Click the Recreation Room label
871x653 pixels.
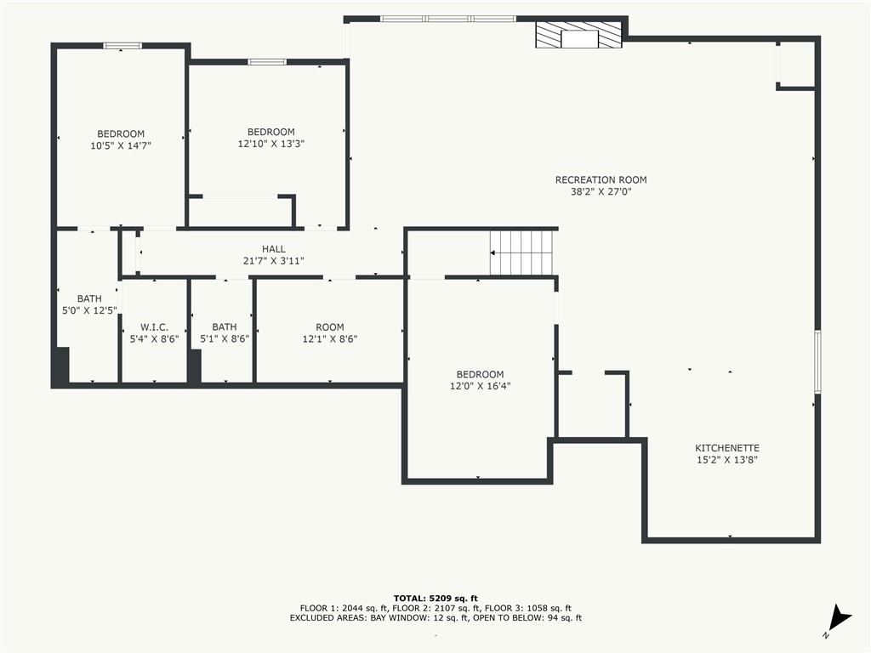[x=601, y=180]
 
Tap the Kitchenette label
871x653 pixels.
[x=727, y=448]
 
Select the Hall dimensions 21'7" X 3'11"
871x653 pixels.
[x=273, y=261]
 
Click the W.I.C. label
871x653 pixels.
[x=154, y=327]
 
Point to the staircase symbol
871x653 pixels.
[x=521, y=253]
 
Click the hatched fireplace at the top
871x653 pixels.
[x=578, y=35]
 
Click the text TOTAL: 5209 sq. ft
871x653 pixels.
[x=435, y=599]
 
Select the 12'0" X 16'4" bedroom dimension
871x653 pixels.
[x=480, y=386]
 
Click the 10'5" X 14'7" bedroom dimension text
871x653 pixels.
[x=121, y=145]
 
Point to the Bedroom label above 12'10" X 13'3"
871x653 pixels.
[x=271, y=132]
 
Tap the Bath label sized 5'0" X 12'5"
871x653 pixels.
[x=89, y=298]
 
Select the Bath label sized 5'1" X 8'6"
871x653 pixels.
[x=225, y=327]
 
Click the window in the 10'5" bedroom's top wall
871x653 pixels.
[x=122, y=46]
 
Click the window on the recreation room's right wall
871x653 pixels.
[x=817, y=362]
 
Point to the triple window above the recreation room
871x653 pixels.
[x=448, y=19]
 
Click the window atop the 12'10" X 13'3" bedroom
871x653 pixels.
[x=267, y=61]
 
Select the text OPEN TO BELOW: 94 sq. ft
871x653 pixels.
[x=527, y=618]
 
